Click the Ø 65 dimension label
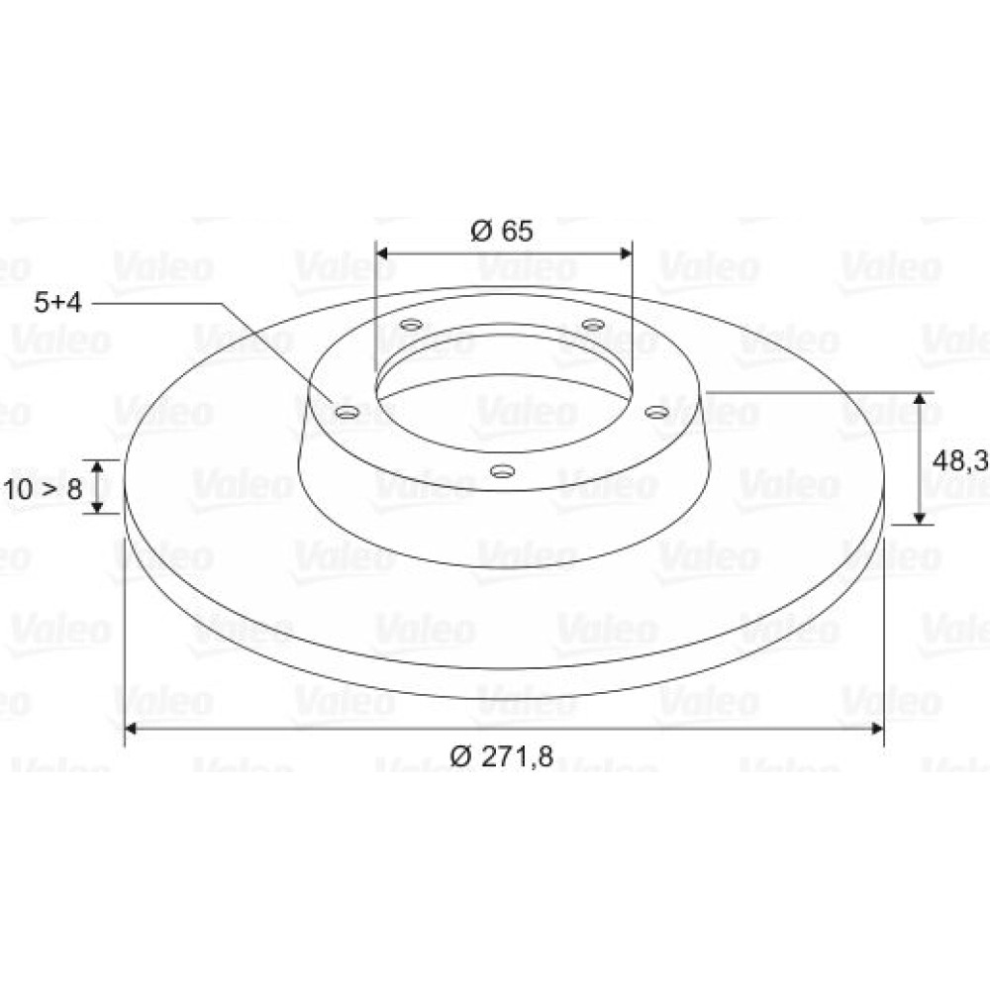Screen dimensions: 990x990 [502, 231]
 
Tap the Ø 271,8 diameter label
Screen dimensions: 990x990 [502, 755]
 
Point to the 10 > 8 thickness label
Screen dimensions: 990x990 [43, 489]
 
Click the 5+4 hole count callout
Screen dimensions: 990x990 [58, 302]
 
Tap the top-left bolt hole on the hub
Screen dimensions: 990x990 [412, 325]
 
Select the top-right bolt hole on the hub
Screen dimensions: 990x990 [593, 325]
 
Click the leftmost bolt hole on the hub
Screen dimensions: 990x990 [347, 412]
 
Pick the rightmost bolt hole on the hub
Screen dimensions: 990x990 [656, 412]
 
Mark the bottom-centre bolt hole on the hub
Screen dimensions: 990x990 [503, 471]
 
